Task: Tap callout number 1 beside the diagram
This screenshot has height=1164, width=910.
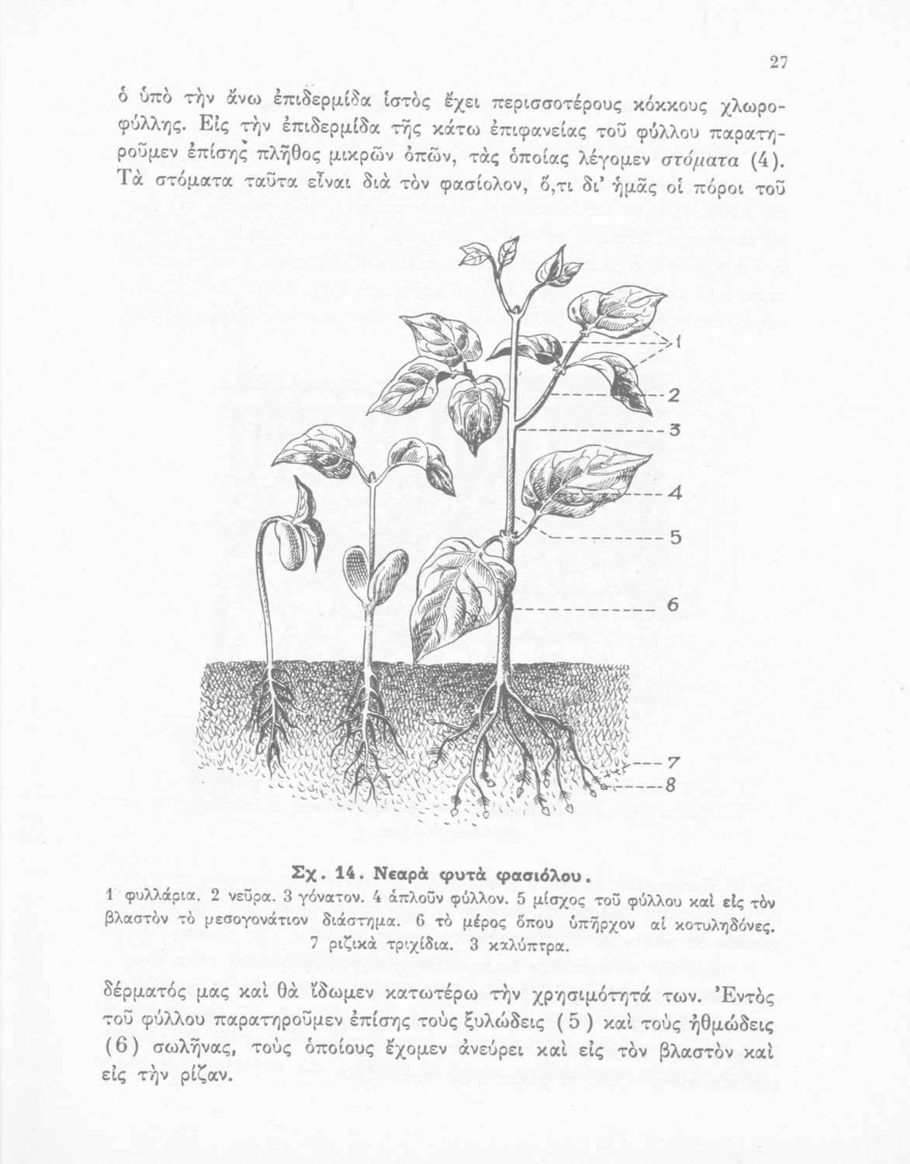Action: (x=676, y=341)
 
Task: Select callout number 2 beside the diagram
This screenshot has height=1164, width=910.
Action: (x=673, y=396)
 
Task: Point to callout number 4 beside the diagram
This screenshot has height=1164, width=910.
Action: (x=674, y=493)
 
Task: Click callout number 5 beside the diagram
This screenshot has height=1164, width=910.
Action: (x=674, y=536)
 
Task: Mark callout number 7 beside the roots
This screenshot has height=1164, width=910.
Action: (x=673, y=762)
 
